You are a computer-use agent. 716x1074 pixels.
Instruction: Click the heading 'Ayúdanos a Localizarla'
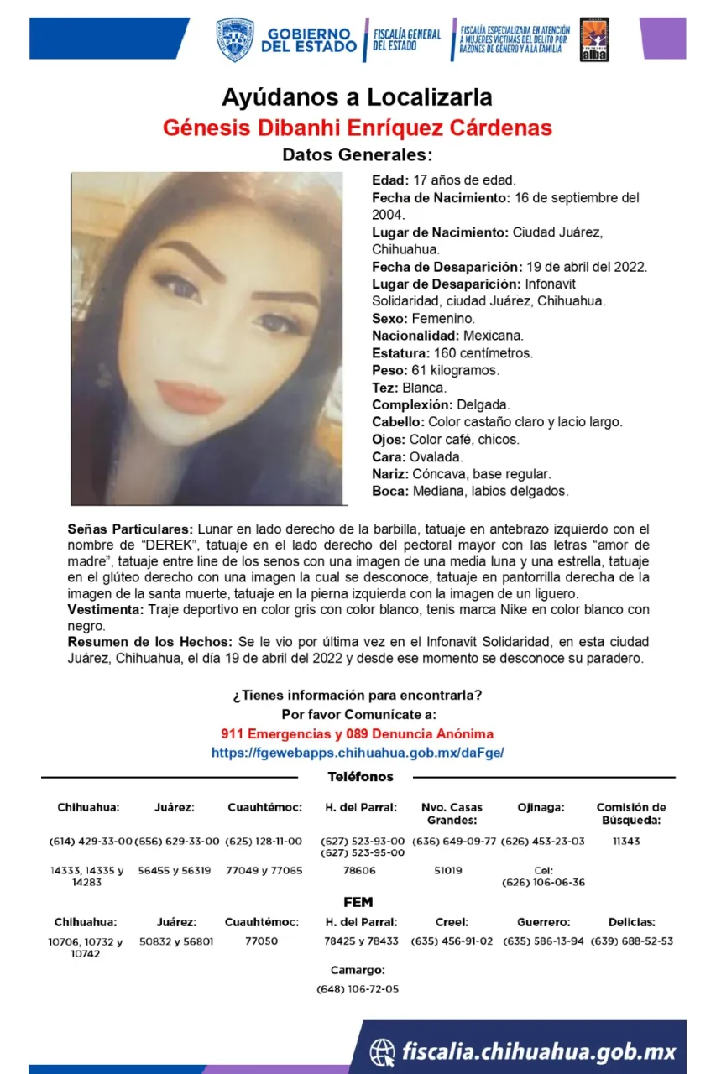[357, 97]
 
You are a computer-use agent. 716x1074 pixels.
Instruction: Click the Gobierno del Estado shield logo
[235, 40]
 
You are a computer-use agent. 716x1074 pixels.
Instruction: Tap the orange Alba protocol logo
[594, 40]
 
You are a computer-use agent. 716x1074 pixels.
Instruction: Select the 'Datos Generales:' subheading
[357, 155]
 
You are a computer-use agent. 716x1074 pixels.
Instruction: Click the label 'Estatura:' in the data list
[400, 353]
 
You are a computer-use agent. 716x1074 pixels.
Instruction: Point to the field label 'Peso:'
[389, 370]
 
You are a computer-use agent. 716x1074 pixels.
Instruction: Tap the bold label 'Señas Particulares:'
[130, 529]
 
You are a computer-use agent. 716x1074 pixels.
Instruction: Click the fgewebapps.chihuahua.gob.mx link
[358, 753]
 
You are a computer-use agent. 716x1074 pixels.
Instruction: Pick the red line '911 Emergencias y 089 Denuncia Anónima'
[358, 734]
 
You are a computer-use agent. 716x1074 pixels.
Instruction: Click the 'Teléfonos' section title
[360, 777]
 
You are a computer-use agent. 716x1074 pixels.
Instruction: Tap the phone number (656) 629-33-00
[176, 841]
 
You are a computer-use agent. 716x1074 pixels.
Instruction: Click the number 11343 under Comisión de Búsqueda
[626, 841]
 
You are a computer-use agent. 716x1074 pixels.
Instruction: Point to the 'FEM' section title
[358, 902]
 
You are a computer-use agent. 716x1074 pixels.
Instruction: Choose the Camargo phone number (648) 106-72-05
[358, 989]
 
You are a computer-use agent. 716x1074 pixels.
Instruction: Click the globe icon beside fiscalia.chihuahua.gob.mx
[383, 1051]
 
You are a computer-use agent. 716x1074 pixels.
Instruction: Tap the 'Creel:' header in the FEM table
[452, 922]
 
